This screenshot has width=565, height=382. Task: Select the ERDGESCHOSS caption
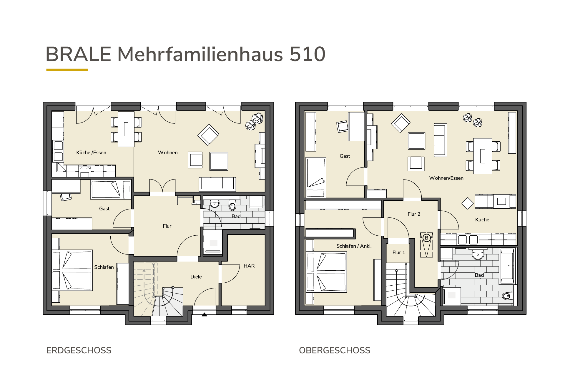[79, 350]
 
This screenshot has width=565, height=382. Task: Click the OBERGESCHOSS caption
[335, 350]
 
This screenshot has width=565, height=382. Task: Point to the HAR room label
[249, 266]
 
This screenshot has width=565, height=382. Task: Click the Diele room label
[196, 277]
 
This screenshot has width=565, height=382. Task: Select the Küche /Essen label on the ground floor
[91, 153]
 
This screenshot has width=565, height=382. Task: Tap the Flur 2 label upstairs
[414, 214]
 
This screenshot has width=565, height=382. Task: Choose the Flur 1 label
[399, 252]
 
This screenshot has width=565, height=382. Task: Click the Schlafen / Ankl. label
[354, 246]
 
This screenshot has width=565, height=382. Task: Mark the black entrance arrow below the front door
[204, 314]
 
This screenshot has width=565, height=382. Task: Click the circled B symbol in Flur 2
[427, 238]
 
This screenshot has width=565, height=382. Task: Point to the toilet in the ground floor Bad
[232, 205]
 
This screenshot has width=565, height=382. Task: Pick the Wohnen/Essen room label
[446, 178]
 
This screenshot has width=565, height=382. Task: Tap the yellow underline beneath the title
[67, 70]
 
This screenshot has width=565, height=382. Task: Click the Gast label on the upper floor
[345, 156]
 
